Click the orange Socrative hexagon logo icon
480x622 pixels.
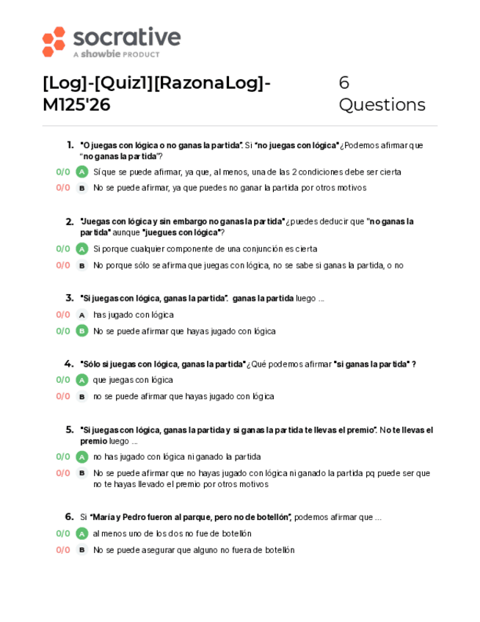[x=54, y=41]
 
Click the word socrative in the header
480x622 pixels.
[x=126, y=37]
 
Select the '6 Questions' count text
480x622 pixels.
[x=381, y=94]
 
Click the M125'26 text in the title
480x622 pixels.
[x=76, y=105]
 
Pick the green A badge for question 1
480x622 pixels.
[x=82, y=172]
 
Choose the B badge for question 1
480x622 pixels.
[x=82, y=188]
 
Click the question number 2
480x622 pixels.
[x=70, y=221]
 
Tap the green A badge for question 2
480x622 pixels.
[x=82, y=249]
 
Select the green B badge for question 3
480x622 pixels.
[x=82, y=331]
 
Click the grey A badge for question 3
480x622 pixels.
[x=82, y=315]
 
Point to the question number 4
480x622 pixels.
[x=69, y=364]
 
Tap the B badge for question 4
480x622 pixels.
[x=82, y=396]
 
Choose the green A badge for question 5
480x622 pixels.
[x=82, y=456]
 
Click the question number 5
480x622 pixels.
[x=70, y=430]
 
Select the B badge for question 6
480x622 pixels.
[x=82, y=549]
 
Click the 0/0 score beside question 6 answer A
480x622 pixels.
[x=63, y=533]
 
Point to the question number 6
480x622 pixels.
[x=69, y=516]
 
